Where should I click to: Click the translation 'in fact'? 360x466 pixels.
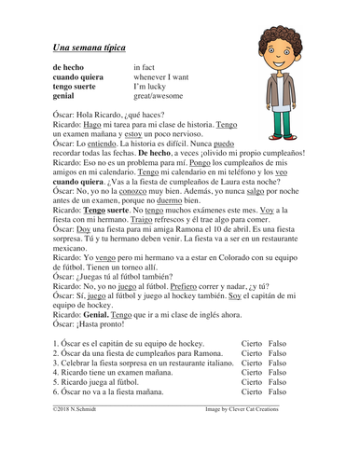tap(147, 68)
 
